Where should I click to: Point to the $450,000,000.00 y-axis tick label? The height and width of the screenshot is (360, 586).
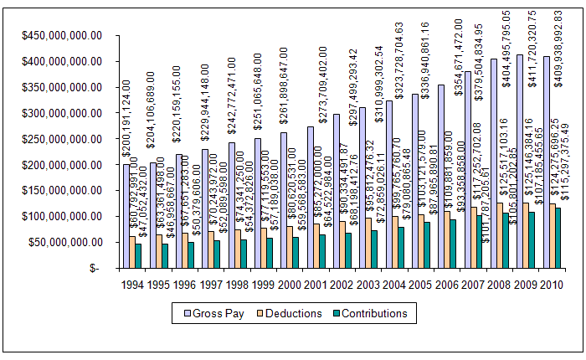point(63,35)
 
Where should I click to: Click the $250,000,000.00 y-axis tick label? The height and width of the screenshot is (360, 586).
point(63,139)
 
